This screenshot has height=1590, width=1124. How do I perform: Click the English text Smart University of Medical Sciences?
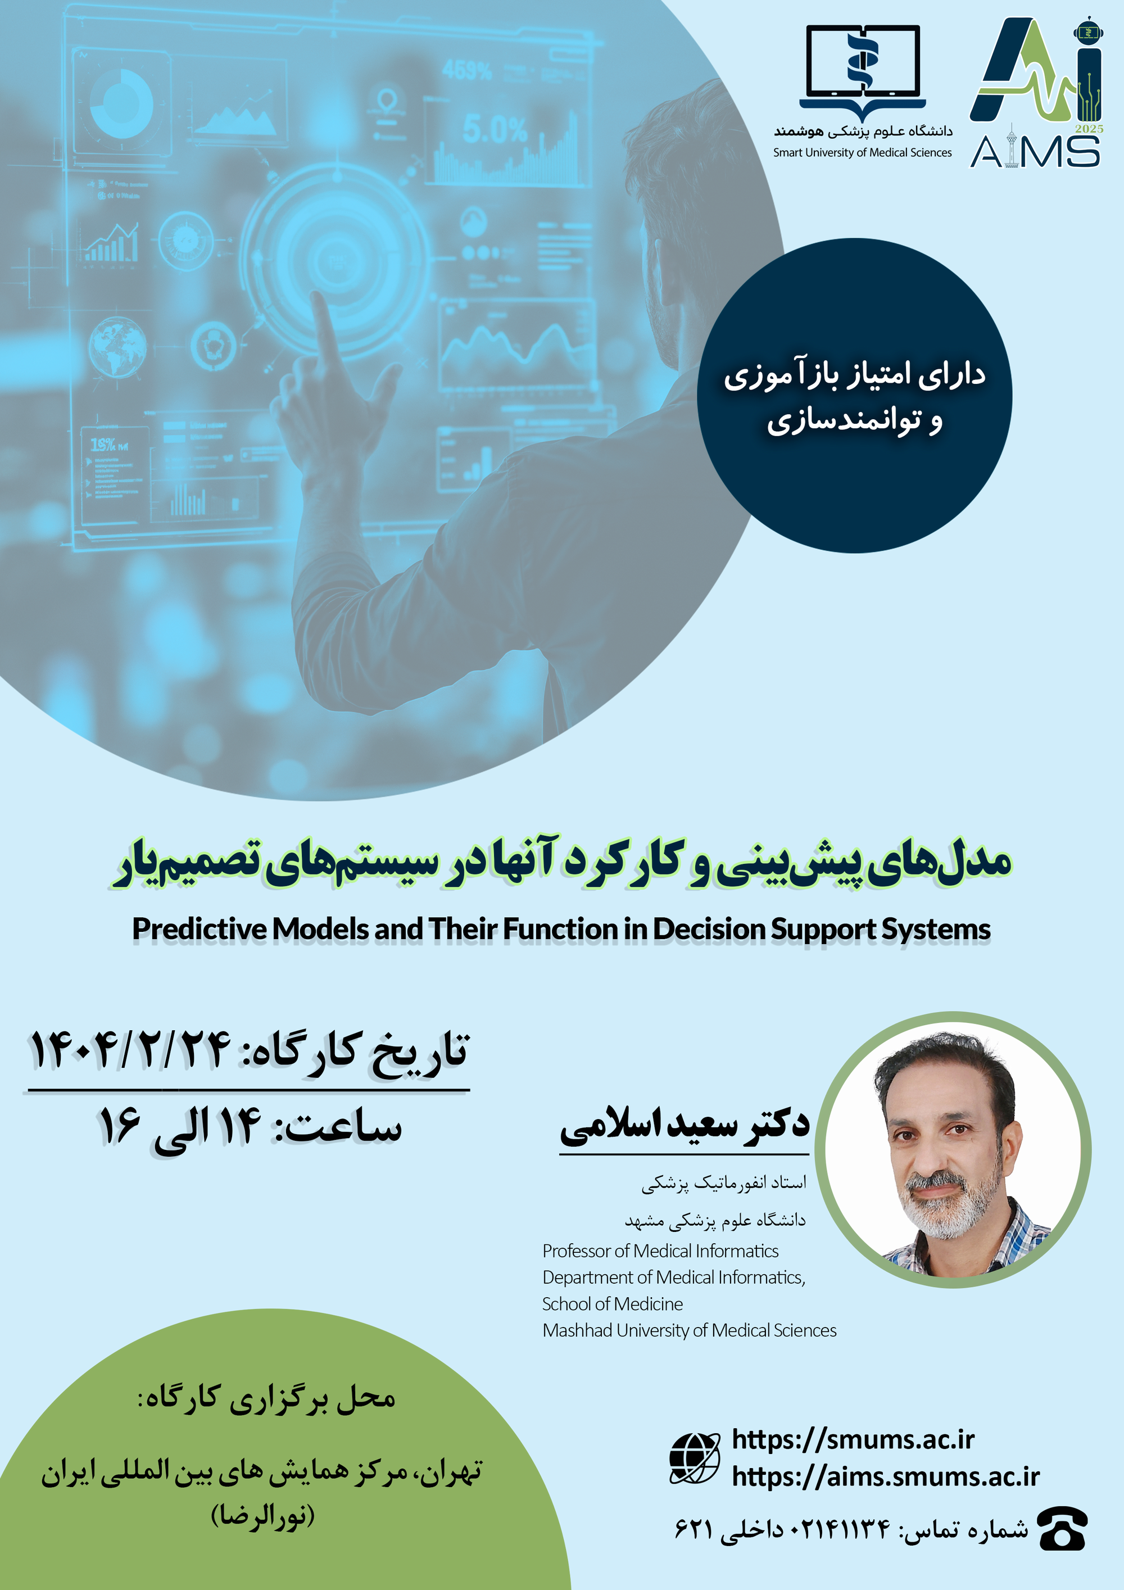(x=862, y=153)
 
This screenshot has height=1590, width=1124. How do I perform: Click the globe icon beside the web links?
(x=695, y=1458)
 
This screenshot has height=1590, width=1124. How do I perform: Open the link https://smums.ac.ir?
(x=853, y=1440)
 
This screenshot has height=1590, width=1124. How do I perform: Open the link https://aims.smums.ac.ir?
(x=886, y=1477)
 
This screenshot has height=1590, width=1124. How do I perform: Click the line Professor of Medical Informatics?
(x=661, y=1251)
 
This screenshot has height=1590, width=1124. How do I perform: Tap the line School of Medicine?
(x=612, y=1304)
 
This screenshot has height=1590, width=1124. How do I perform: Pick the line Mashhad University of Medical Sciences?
(x=689, y=1330)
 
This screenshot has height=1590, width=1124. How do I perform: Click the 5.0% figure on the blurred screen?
(x=495, y=129)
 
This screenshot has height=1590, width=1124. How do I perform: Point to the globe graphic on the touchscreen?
(x=117, y=346)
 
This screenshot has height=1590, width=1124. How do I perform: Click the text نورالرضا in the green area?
(x=263, y=1516)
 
